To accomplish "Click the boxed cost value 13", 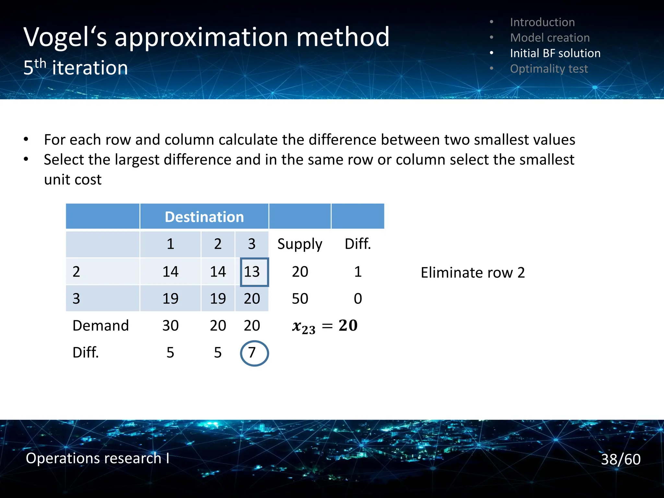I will point(252,272).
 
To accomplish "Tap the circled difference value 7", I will point(252,353).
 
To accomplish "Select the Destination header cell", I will point(204,217).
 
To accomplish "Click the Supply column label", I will point(300,244).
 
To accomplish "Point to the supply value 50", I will point(300,299).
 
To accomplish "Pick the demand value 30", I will point(171,326).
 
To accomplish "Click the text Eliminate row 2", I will point(472,273).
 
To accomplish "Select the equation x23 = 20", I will point(325,326).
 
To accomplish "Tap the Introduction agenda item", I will point(542,22).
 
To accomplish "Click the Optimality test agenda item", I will point(549,69).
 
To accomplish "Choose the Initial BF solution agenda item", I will point(555,53).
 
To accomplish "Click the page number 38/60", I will point(621,459).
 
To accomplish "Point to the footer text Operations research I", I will point(97,458).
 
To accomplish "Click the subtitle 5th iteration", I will point(76,68).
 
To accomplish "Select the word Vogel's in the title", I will point(65,37).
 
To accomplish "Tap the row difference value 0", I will point(358,299).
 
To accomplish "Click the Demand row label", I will point(101,326).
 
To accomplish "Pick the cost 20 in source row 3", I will point(252,299).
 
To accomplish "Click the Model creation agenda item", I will point(550,38).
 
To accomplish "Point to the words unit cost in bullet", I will point(73,180).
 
